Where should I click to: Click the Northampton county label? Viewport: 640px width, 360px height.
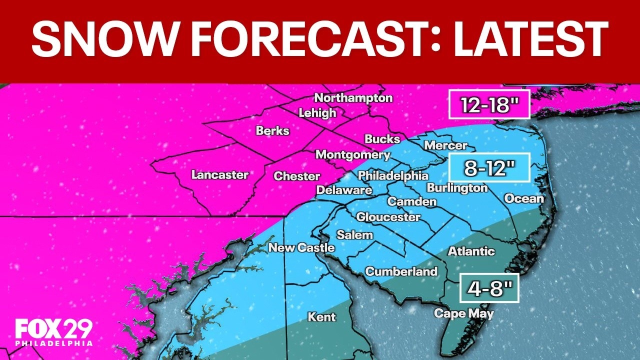(353, 98)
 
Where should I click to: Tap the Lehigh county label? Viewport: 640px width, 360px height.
(317, 113)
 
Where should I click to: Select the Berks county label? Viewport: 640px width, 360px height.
(272, 131)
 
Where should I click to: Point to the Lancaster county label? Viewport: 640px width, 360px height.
(220, 175)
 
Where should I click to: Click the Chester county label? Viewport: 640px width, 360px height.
(296, 176)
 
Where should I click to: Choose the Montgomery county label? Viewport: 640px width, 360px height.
(352, 155)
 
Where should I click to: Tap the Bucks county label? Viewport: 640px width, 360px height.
(382, 139)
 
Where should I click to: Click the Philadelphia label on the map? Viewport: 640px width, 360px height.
(393, 176)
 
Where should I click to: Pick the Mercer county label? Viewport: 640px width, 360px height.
(445, 145)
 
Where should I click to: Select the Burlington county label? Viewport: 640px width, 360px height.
(456, 188)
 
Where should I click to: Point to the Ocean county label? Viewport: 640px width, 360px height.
(523, 198)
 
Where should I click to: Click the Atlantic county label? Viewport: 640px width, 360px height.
(471, 251)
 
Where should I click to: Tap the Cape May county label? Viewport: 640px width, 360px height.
(463, 314)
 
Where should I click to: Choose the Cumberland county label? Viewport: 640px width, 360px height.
(401, 272)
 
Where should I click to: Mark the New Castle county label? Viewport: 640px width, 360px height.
(301, 247)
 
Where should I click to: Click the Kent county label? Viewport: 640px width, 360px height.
(321, 317)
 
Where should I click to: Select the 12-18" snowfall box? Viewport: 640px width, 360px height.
(489, 104)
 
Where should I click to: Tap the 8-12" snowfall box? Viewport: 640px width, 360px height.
(489, 167)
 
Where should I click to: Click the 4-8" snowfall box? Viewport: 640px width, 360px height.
(489, 288)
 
